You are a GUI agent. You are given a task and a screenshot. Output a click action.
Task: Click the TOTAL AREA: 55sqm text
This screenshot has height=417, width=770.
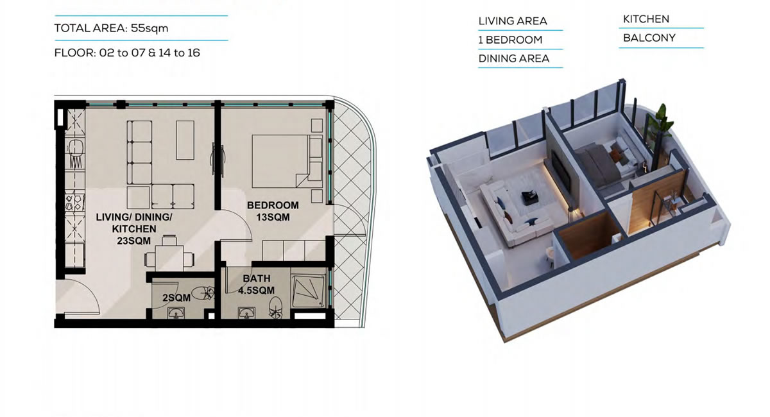click(x=112, y=28)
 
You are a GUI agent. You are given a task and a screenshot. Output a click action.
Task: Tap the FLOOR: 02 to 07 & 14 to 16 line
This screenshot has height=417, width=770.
click(x=127, y=53)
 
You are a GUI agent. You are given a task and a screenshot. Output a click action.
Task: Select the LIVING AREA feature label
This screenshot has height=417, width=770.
click(x=513, y=21)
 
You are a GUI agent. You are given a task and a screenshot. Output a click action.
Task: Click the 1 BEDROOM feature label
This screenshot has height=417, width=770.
click(x=510, y=40)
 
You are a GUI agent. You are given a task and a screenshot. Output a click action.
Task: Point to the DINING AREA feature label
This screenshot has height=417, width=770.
click(x=514, y=58)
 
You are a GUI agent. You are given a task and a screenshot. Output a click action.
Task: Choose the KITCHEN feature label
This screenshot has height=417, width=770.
click(x=646, y=19)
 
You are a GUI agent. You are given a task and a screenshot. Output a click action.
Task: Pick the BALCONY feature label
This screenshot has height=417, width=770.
click(x=649, y=38)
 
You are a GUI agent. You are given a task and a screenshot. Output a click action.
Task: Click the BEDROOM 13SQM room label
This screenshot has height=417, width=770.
click(x=273, y=211)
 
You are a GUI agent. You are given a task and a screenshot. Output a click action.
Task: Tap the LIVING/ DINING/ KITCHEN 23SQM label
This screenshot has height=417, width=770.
click(x=133, y=228)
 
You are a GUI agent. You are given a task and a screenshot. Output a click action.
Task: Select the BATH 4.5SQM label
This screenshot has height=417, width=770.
click(x=257, y=284)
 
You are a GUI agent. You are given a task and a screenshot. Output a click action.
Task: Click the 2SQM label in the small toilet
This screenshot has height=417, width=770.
click(x=176, y=298)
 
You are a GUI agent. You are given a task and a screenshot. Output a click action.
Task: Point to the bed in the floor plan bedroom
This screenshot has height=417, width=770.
click(x=287, y=161)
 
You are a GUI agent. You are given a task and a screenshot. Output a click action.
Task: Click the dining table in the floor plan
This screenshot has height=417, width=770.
click(x=169, y=258)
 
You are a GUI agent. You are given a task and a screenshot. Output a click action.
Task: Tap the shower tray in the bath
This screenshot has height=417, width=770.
click(x=307, y=291)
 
